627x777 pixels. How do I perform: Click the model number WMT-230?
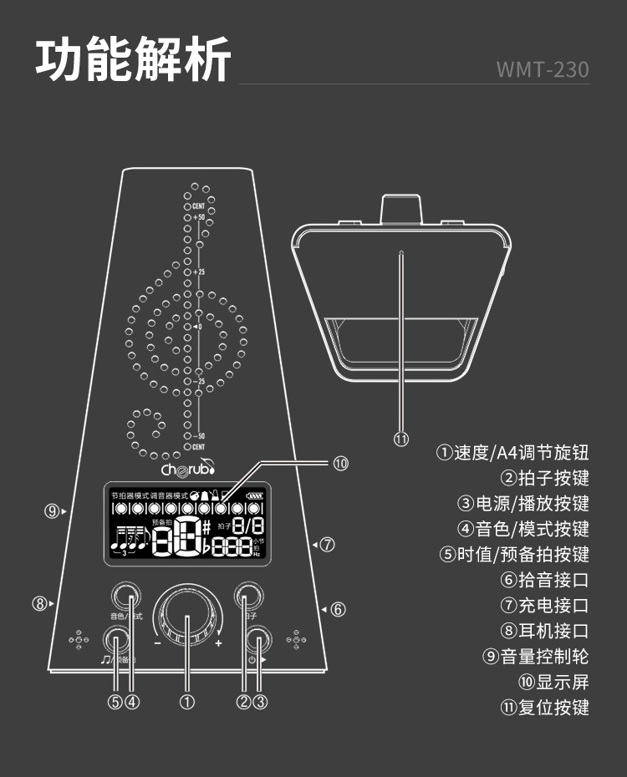tap(543, 69)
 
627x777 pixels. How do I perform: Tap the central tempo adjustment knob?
tap(188, 619)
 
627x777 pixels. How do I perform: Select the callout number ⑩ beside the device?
tap(340, 462)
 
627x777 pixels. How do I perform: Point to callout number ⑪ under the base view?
tap(401, 438)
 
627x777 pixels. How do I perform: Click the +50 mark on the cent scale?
tap(198, 217)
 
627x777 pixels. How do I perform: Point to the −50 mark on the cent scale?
tap(198, 436)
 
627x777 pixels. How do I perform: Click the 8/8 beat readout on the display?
tap(248, 526)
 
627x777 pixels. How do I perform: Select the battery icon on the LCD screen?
tap(254, 495)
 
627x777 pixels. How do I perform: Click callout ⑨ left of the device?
tap(52, 511)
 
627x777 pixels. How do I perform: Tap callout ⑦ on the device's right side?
tap(328, 545)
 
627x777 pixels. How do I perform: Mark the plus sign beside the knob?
tap(219, 643)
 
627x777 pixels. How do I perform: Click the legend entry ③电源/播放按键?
tap(522, 503)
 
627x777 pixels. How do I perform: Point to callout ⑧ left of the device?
tap(39, 603)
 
